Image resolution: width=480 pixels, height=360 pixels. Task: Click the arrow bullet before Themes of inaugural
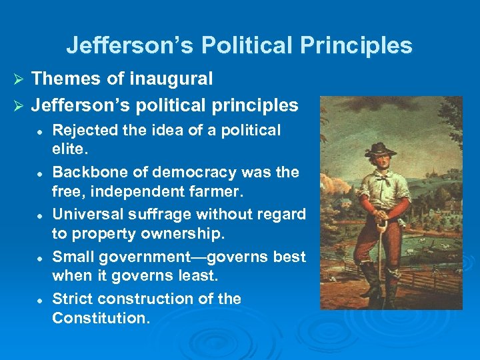19,79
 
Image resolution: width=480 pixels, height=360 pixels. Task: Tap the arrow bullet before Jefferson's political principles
19,106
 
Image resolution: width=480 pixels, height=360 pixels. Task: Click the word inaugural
173,79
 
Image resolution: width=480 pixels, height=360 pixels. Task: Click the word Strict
70,299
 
